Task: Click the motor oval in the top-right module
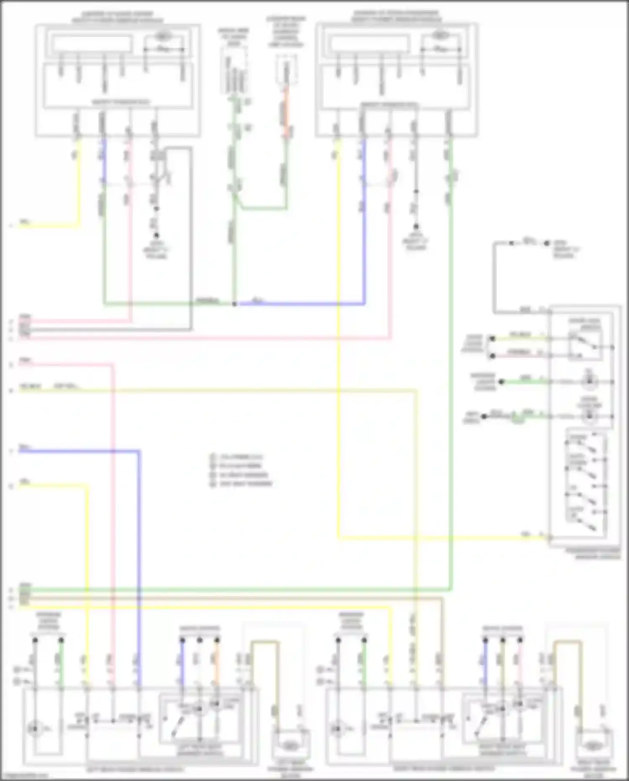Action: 439,35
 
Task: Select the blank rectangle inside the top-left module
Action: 91,44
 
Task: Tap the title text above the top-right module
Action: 396,16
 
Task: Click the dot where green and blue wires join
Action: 234,303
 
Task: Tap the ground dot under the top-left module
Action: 156,235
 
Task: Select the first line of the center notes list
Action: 241,457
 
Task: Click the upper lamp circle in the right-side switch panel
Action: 589,381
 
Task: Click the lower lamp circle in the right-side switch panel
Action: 590,415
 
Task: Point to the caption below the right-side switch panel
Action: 598,554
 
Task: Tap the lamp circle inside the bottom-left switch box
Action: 34,729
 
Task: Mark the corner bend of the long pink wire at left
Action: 112,365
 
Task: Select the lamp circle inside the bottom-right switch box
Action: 337,729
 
